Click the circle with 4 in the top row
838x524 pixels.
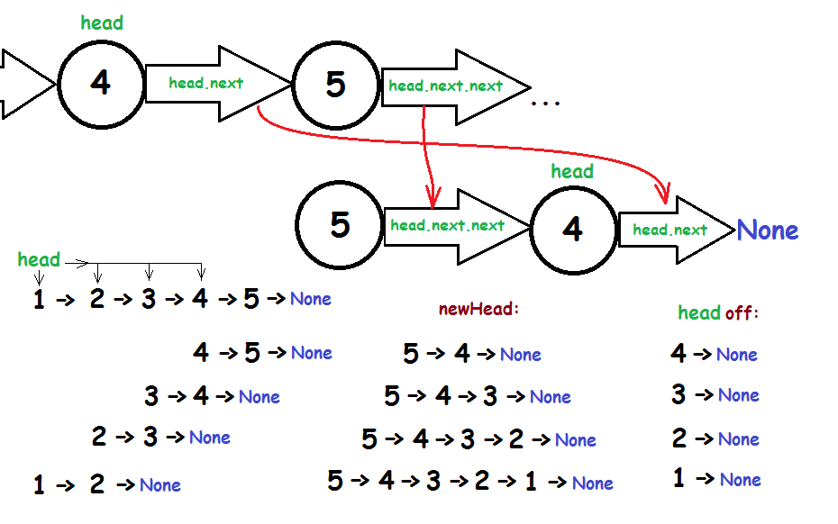point(101,84)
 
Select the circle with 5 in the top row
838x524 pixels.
point(335,85)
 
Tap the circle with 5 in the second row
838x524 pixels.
point(339,225)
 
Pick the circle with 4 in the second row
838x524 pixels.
point(573,230)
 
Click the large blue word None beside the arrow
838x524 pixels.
point(768,230)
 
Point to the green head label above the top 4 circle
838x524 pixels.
point(102,23)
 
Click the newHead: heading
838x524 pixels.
point(479,309)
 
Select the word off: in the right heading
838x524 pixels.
point(742,313)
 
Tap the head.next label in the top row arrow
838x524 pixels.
point(205,84)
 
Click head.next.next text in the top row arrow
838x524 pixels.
point(445,86)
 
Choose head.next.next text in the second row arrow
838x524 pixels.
point(447,226)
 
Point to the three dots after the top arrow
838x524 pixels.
point(545,104)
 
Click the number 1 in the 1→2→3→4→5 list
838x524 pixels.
point(39,300)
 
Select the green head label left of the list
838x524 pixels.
point(39,260)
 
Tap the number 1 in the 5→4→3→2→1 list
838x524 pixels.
point(531,482)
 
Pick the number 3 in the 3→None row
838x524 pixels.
point(679,394)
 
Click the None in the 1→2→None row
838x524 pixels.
point(160,485)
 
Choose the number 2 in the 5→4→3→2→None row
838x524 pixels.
point(515,439)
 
